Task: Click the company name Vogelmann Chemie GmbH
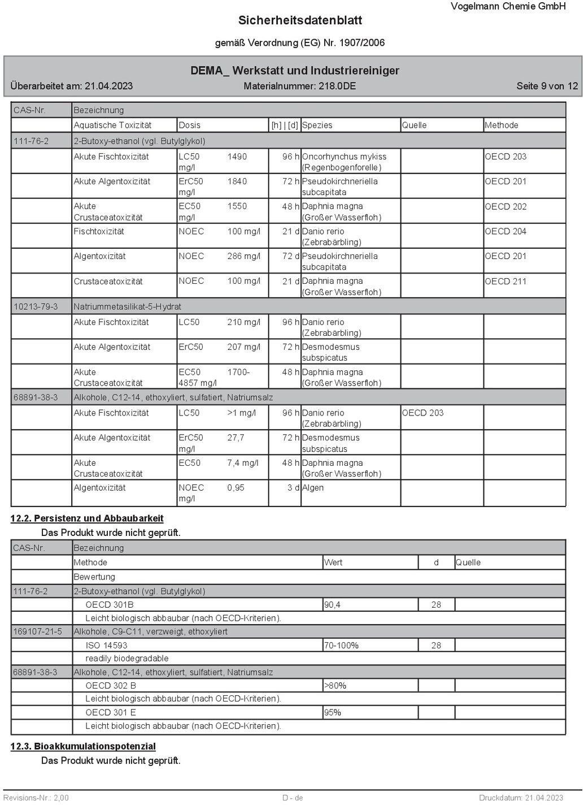tap(508, 6)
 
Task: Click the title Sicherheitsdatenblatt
tap(300, 20)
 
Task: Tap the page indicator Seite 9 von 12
tap(547, 86)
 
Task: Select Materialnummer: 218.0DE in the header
tap(299, 86)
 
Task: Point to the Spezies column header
tap(317, 125)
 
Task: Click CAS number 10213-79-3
tap(36, 306)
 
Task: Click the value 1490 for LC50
tap(237, 157)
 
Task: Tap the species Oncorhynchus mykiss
tap(344, 157)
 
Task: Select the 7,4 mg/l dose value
tap(243, 463)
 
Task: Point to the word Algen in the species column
tap(313, 488)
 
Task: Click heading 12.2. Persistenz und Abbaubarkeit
tap(87, 518)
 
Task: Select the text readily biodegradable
tap(127, 659)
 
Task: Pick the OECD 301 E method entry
tap(111, 712)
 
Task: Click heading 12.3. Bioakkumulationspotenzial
tap(83, 746)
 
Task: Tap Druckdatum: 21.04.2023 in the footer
tap(521, 798)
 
